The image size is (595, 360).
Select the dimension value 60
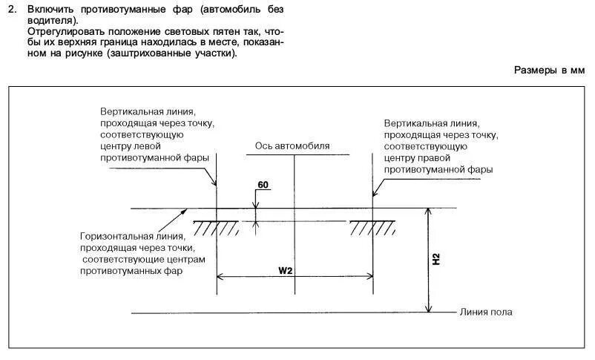point(262,183)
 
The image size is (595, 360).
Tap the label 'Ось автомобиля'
point(292,146)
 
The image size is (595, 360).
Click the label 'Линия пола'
point(486,312)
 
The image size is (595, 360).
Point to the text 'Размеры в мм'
point(550,70)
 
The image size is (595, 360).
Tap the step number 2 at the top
point(13,10)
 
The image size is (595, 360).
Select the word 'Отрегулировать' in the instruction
point(63,33)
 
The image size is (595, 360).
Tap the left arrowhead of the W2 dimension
point(220,278)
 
